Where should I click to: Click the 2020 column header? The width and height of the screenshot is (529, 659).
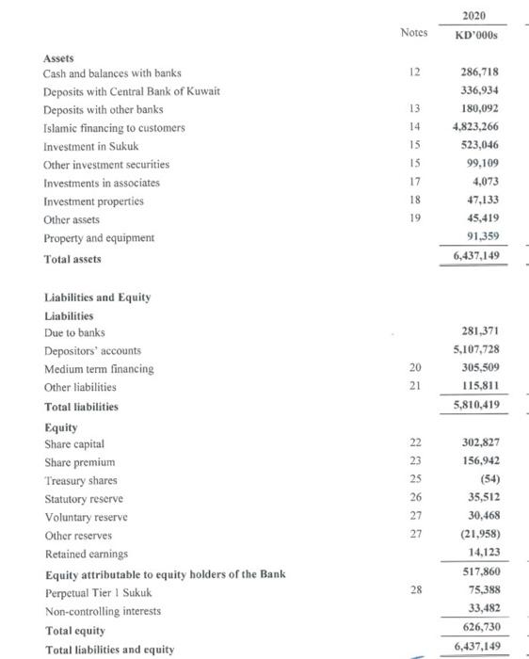coord(475,13)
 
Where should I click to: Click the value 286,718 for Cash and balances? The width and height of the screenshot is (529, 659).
coord(479,72)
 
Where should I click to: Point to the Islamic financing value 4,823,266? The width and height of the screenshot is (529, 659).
coord(475,127)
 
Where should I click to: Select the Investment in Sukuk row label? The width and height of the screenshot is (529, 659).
coord(90,146)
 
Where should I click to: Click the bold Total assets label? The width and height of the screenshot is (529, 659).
coord(74,258)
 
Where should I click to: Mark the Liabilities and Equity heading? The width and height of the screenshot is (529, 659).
coord(98,297)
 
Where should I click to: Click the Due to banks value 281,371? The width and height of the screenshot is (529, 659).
coord(479,332)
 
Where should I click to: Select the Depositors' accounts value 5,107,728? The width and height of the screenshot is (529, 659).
coord(475,350)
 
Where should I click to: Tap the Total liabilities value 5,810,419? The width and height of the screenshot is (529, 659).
coord(475,406)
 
